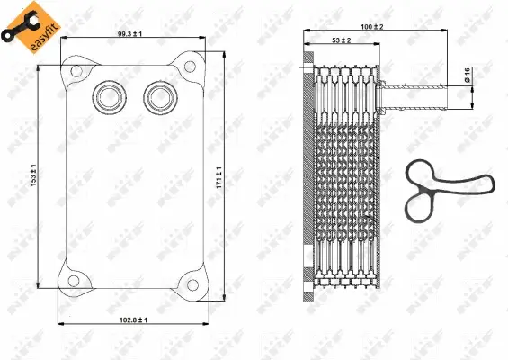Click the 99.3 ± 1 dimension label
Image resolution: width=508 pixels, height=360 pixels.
[x=129, y=34]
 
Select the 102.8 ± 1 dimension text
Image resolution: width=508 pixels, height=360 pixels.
[x=132, y=320]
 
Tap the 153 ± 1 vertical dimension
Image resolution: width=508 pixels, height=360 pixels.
[x=32, y=175]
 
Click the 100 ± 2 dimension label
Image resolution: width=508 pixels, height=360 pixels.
[x=370, y=28]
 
